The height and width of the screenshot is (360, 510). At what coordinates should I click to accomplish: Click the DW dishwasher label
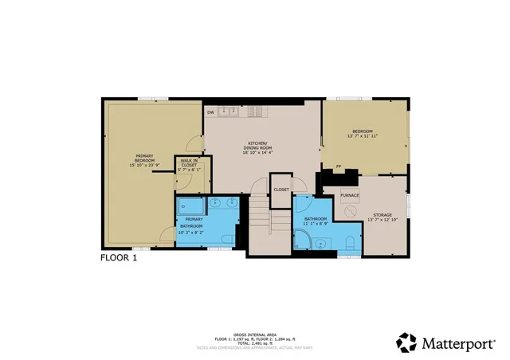pyautogui.click(x=210, y=112)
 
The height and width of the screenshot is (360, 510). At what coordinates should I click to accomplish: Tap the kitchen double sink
pyautogui.click(x=229, y=112)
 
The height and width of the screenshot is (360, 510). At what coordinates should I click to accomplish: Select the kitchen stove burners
pyautogui.click(x=257, y=112)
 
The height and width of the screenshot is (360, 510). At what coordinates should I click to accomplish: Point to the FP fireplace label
pyautogui.click(x=339, y=166)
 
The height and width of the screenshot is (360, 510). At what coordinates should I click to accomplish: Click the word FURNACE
pyautogui.click(x=349, y=195)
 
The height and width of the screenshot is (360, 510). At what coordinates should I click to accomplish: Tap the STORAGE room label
pyautogui.click(x=381, y=213)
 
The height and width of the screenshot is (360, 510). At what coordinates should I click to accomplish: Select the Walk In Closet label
pyautogui.click(x=189, y=166)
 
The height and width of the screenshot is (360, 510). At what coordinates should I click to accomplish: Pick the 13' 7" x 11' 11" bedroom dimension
pyautogui.click(x=363, y=136)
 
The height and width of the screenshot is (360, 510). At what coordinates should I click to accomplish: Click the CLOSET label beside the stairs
pyautogui.click(x=281, y=190)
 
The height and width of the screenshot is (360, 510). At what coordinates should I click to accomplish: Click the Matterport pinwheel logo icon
pyautogui.click(x=406, y=342)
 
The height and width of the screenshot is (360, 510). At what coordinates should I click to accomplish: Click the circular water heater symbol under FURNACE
pyautogui.click(x=350, y=211)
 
